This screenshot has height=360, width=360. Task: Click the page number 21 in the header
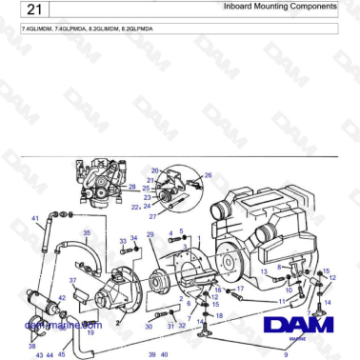point(31,10)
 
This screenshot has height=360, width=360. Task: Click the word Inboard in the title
point(239,7)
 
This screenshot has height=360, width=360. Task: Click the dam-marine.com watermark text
point(63,324)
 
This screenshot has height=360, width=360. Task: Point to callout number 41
point(35,218)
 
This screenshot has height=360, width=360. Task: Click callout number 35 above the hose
point(87,232)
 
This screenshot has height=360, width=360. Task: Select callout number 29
point(150,234)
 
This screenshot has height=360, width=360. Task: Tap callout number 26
point(209,175)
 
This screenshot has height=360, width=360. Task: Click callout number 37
point(72,280)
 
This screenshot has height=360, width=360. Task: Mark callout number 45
point(62,354)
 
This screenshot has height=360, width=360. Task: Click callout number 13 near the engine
point(264,271)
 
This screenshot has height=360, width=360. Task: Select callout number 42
point(62,298)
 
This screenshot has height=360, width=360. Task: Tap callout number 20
point(155,170)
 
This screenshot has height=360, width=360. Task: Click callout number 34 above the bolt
point(134,239)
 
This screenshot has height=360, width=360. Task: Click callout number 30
point(149,327)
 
